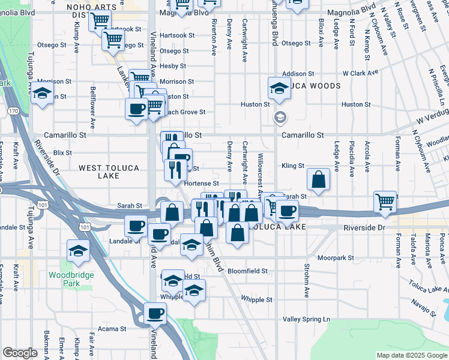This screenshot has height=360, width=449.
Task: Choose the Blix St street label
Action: click(62, 153)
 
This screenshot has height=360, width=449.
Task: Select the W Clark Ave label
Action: click(360, 73)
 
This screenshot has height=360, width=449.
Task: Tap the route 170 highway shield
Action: click(12, 111)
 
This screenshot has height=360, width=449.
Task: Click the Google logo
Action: click(20, 353)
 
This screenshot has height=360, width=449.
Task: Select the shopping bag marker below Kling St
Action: click(318, 179)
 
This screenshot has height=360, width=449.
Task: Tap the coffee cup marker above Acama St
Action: click(155, 313)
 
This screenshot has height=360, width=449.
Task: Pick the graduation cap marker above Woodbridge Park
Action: click(78, 250)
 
